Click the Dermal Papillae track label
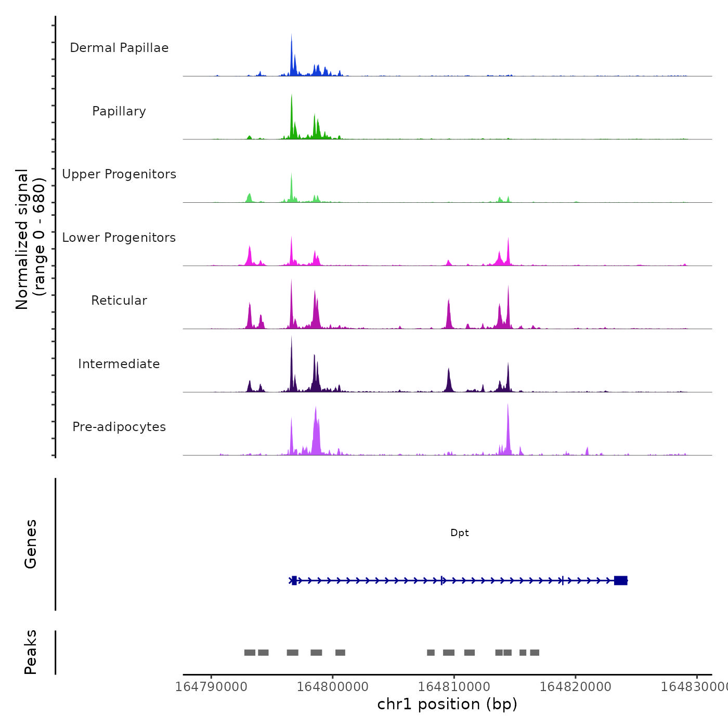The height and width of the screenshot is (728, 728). coord(119,48)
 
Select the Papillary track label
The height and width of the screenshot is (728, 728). coord(119,111)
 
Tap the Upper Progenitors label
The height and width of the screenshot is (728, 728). coord(119,174)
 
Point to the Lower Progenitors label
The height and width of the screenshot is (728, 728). coord(119,238)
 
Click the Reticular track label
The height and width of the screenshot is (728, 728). coord(119,301)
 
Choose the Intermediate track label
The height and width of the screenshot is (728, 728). coord(119,364)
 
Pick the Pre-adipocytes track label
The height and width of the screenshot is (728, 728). coord(119,427)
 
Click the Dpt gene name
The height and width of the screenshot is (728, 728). coord(460,533)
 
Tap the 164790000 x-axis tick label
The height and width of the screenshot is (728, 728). coord(211,686)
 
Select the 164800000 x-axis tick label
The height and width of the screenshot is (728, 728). coord(333,686)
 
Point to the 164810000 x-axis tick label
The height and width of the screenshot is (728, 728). coord(454,686)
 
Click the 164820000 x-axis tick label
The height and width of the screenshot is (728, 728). coord(576,686)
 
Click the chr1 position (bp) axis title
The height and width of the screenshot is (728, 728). coord(447,704)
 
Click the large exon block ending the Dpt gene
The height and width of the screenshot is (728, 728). coord(621,580)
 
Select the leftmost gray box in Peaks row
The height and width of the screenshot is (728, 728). coord(250,653)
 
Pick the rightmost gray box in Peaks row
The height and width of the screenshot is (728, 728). coord(535,653)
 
